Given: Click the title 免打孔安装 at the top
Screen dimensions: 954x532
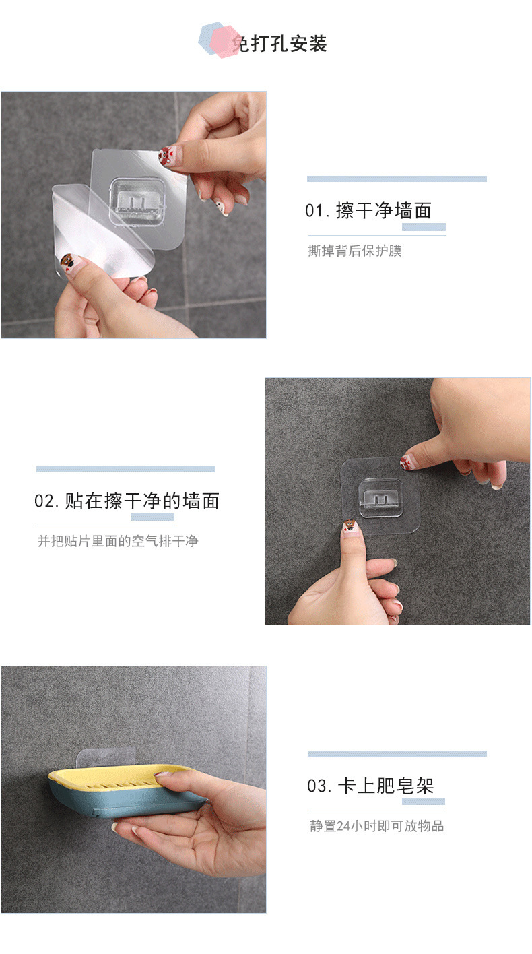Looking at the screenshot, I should (279, 44).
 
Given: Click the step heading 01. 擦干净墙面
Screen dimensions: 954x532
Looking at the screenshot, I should (368, 211).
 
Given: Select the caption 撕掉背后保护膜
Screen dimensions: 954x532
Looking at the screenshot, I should (355, 251).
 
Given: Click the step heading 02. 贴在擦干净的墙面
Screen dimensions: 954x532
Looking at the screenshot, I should (127, 501).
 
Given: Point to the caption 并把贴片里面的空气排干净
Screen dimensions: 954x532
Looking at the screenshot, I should (118, 540).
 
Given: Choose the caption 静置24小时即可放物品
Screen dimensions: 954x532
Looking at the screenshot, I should (377, 826).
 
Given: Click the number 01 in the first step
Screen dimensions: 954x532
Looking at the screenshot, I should (314, 212).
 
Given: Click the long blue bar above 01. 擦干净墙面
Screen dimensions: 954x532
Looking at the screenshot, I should (397, 179).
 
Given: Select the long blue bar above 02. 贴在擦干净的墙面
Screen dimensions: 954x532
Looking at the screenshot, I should (126, 469).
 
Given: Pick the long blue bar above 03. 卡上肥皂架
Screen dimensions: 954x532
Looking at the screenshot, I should (397, 753).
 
